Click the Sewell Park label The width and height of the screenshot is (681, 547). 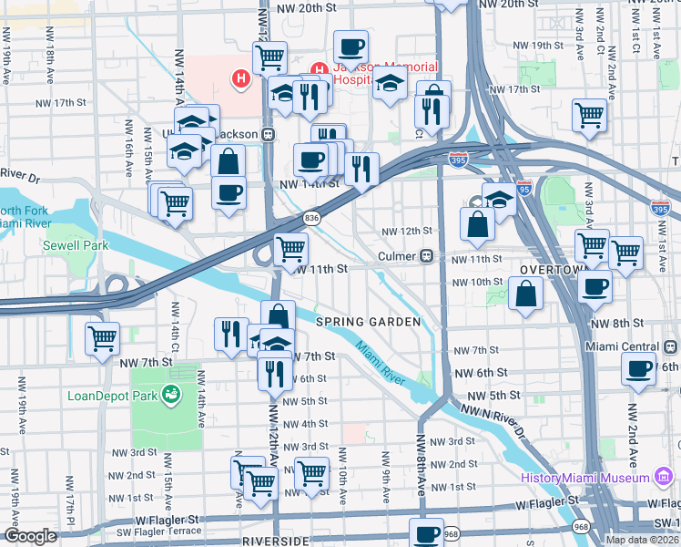click(x=76, y=245)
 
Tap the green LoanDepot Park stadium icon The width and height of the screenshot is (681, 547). click(x=169, y=394)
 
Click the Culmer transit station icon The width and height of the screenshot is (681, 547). click(x=425, y=256)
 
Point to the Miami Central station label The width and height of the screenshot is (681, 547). click(x=624, y=346)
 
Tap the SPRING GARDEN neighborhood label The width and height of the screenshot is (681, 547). click(x=368, y=322)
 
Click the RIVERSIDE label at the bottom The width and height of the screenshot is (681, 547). click(x=276, y=541)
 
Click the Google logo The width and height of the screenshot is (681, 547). click(x=30, y=536)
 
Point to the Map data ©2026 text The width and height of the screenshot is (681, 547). click(x=641, y=540)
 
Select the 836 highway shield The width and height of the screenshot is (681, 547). click(x=312, y=217)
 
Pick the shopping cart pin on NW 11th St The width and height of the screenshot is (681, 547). click(x=290, y=248)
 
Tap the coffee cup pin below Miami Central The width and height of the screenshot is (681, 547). click(x=638, y=369)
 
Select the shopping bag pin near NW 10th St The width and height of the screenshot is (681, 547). click(x=525, y=294)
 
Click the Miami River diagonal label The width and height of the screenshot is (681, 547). click(x=380, y=362)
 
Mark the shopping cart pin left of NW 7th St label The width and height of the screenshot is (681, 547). click(x=102, y=338)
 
